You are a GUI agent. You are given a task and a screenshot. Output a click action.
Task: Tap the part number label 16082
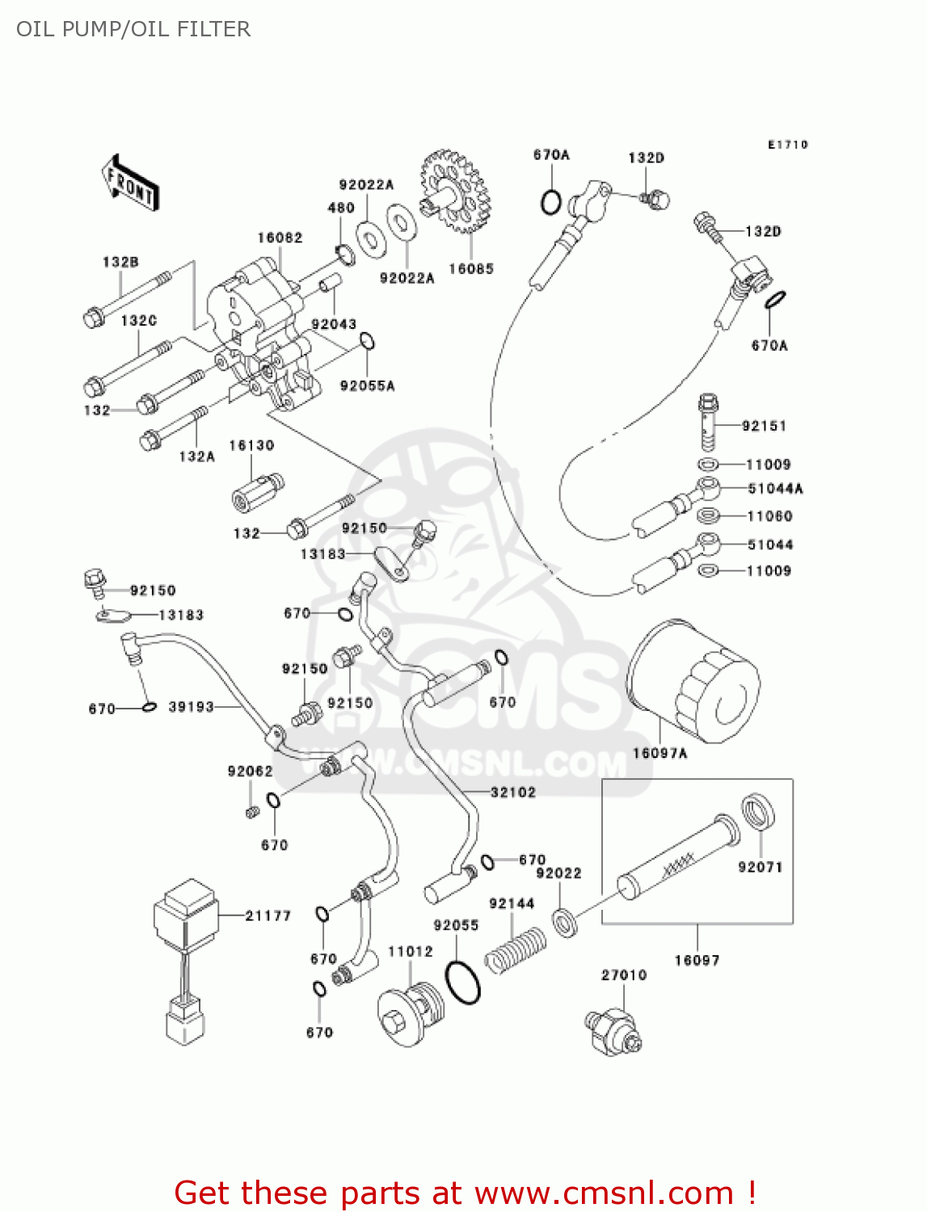point(280,238)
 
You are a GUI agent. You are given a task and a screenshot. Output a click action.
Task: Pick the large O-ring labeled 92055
point(463,982)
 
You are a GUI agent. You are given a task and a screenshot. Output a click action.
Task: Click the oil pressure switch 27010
point(613,1030)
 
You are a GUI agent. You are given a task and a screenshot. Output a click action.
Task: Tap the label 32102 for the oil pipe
point(513,793)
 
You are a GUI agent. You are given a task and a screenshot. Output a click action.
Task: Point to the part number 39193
point(191,707)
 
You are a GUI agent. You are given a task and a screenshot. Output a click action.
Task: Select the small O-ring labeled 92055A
point(367,342)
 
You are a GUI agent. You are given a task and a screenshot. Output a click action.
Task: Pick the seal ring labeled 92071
point(758,812)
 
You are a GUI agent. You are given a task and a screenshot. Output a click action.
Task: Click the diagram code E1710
point(787,145)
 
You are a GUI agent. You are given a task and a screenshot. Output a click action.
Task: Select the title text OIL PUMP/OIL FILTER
point(133,29)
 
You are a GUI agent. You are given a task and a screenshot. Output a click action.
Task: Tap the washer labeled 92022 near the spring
point(565,921)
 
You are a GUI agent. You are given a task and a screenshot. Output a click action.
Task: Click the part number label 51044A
point(775,489)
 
